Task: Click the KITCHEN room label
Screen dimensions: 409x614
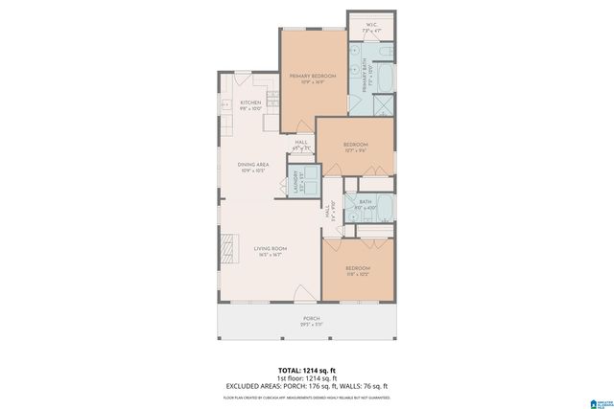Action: (x=250, y=105)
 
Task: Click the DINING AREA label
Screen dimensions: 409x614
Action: (x=253, y=167)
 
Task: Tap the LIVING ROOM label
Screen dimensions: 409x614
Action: (x=271, y=251)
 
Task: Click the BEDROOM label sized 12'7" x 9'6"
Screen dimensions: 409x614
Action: (x=356, y=147)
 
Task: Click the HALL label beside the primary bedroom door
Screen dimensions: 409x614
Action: (x=301, y=145)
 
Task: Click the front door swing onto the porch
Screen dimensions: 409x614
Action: (x=304, y=293)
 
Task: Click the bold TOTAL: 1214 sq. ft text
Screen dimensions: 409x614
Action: (x=306, y=370)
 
